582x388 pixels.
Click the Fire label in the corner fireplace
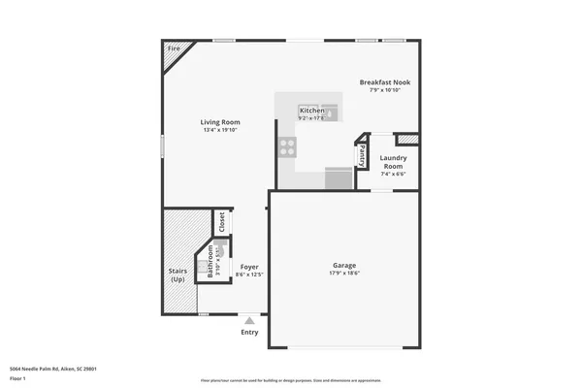[x=175, y=48]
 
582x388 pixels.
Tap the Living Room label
[x=220, y=122]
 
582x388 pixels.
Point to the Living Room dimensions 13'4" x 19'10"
[x=220, y=130]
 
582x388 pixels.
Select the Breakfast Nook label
[x=385, y=82]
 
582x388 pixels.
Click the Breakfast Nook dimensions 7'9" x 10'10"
[x=385, y=91]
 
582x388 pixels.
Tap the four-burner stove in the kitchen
[x=288, y=147]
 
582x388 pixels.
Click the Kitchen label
[x=311, y=112]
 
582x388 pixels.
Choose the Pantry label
[x=362, y=152]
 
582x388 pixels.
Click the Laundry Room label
[x=393, y=162]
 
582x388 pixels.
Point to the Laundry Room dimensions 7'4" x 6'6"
[x=393, y=175]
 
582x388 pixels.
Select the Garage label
[x=344, y=265]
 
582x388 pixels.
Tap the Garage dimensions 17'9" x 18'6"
[x=344, y=274]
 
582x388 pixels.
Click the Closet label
[x=221, y=223]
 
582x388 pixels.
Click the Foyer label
[x=249, y=266]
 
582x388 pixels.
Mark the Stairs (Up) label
[x=178, y=275]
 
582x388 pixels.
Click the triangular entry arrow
[x=250, y=319]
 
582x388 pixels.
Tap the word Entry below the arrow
[x=250, y=333]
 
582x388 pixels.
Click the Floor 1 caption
[x=17, y=378]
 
